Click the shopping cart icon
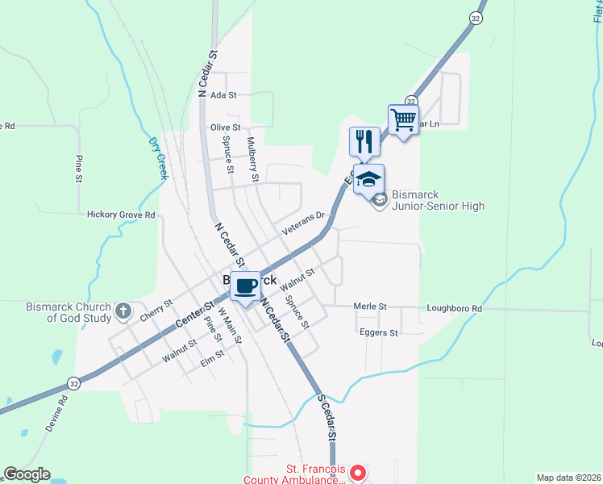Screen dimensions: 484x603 [x=403, y=120]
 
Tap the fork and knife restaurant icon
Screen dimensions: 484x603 [x=364, y=142]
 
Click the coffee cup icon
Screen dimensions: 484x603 [x=245, y=286]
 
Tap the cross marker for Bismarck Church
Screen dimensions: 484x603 [x=123, y=311]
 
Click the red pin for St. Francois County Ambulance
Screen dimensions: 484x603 [x=360, y=472]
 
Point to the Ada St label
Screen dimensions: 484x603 [x=222, y=95]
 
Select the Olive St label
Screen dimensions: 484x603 [x=226, y=127]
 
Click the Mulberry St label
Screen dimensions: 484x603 [x=252, y=159]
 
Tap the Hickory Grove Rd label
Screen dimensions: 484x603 [x=121, y=215]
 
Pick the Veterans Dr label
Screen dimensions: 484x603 [x=302, y=223]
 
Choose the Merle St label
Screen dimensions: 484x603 [x=371, y=307]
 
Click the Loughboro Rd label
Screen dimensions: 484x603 [x=454, y=308]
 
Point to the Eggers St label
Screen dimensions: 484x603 [x=379, y=332]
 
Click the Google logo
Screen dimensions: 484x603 [x=27, y=474]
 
